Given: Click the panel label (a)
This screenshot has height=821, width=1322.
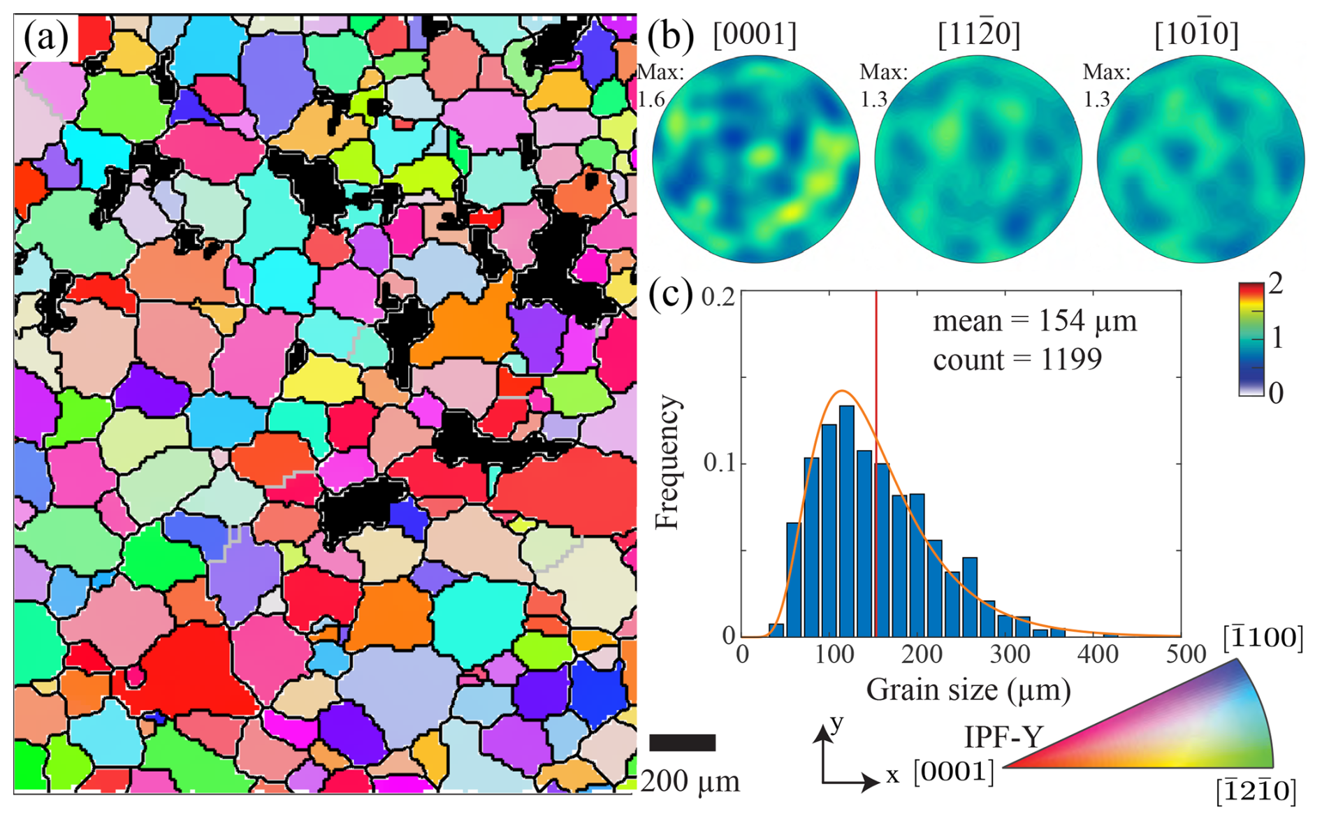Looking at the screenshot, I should [x=45, y=37].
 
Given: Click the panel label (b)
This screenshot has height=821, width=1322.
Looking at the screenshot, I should [x=669, y=35].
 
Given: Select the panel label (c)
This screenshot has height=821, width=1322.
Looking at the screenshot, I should [x=669, y=294].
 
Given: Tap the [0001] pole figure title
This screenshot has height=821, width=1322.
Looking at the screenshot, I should [x=755, y=34].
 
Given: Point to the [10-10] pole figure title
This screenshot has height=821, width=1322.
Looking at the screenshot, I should [x=1196, y=34].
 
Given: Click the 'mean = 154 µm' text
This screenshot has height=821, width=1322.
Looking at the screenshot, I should [x=1034, y=321].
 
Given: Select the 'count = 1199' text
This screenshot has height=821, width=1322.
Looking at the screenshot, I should [x=1017, y=359].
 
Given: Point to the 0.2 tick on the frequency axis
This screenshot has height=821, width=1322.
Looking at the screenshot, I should [x=718, y=297].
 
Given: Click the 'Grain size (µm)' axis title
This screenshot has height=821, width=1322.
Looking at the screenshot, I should [x=968, y=690].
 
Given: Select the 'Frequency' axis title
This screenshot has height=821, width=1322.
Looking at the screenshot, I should [x=667, y=463].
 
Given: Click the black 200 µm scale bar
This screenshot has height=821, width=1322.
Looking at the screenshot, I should [x=683, y=742].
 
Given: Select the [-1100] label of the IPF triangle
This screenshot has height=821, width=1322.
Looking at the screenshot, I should [x=1263, y=638].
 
